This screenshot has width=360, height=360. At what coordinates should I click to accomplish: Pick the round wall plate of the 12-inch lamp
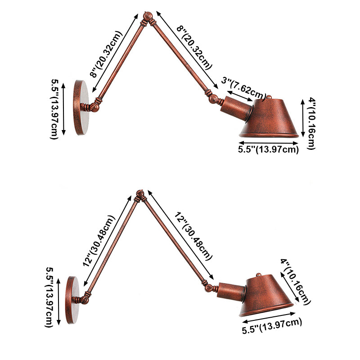[72, 297]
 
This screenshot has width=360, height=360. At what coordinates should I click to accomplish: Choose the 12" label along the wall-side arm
[99, 241]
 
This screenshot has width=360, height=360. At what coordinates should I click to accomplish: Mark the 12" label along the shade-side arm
[193, 236]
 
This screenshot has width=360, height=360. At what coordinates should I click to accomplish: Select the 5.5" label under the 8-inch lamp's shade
[268, 150]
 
